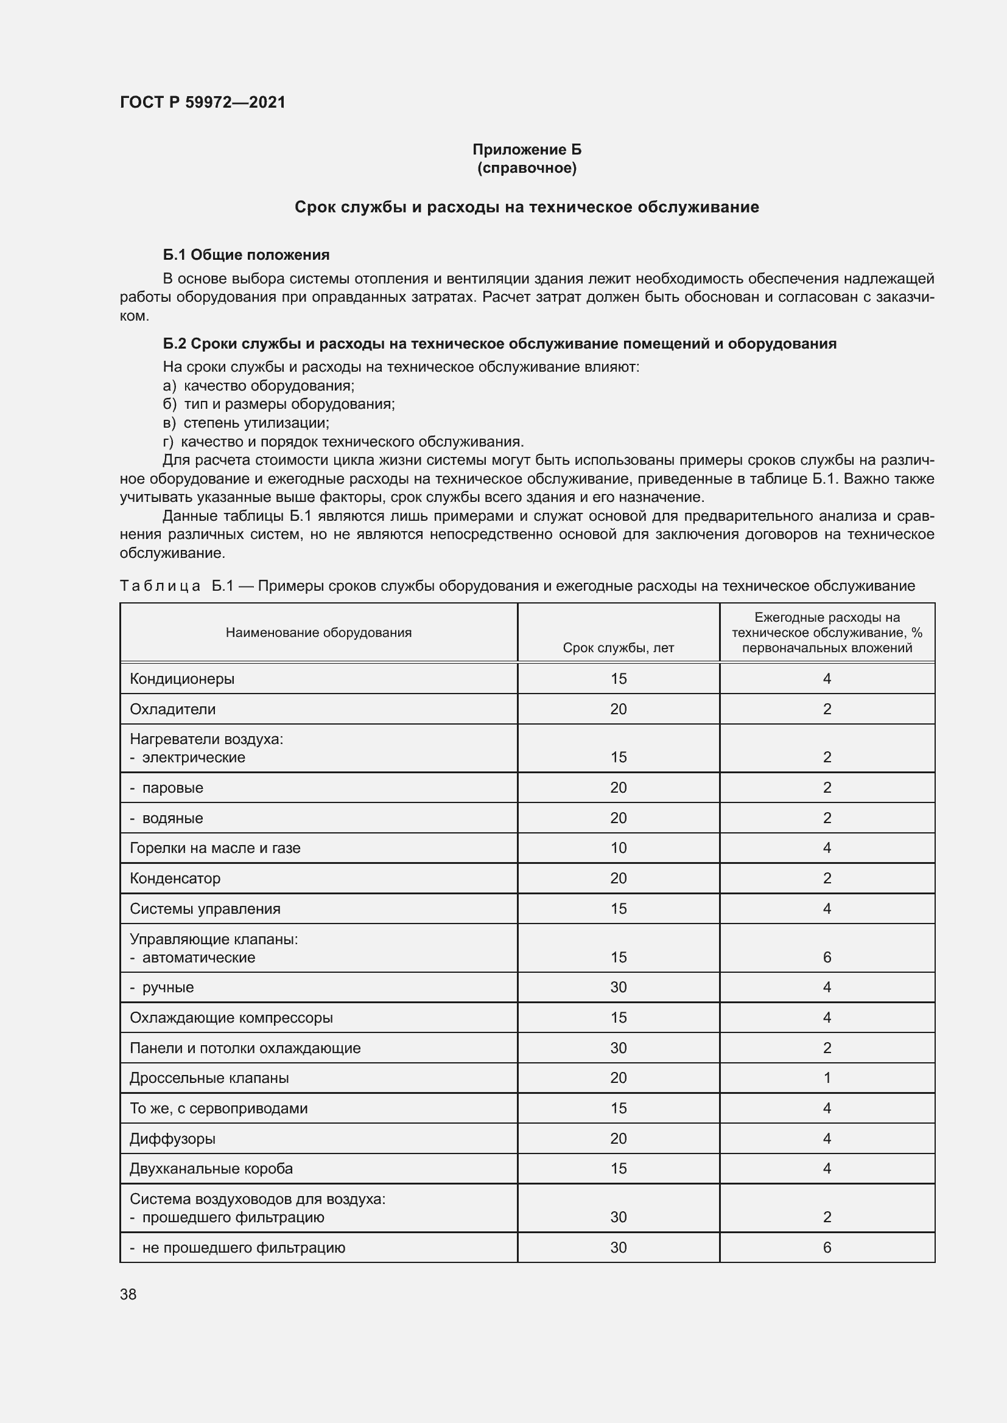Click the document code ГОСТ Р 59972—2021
coord(203,102)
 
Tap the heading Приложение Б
coord(527,150)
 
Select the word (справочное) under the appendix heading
coord(527,168)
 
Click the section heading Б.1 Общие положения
coord(246,255)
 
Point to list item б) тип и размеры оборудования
coord(279,404)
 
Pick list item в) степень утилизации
coord(246,423)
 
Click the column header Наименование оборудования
coord(318,632)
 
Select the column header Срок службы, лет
coord(617,648)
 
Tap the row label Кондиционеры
coord(181,679)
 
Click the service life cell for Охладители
coord(618,709)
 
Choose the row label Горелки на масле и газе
coord(214,848)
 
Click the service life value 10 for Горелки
coord(618,848)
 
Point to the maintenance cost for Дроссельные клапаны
coord(827,1078)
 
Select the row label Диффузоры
coord(172,1138)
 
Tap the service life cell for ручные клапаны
coord(618,987)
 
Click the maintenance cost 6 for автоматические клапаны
coord(827,957)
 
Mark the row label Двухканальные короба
coord(211,1169)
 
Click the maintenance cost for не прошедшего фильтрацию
coord(827,1248)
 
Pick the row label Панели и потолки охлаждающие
coord(245,1048)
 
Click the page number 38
coord(128,1295)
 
